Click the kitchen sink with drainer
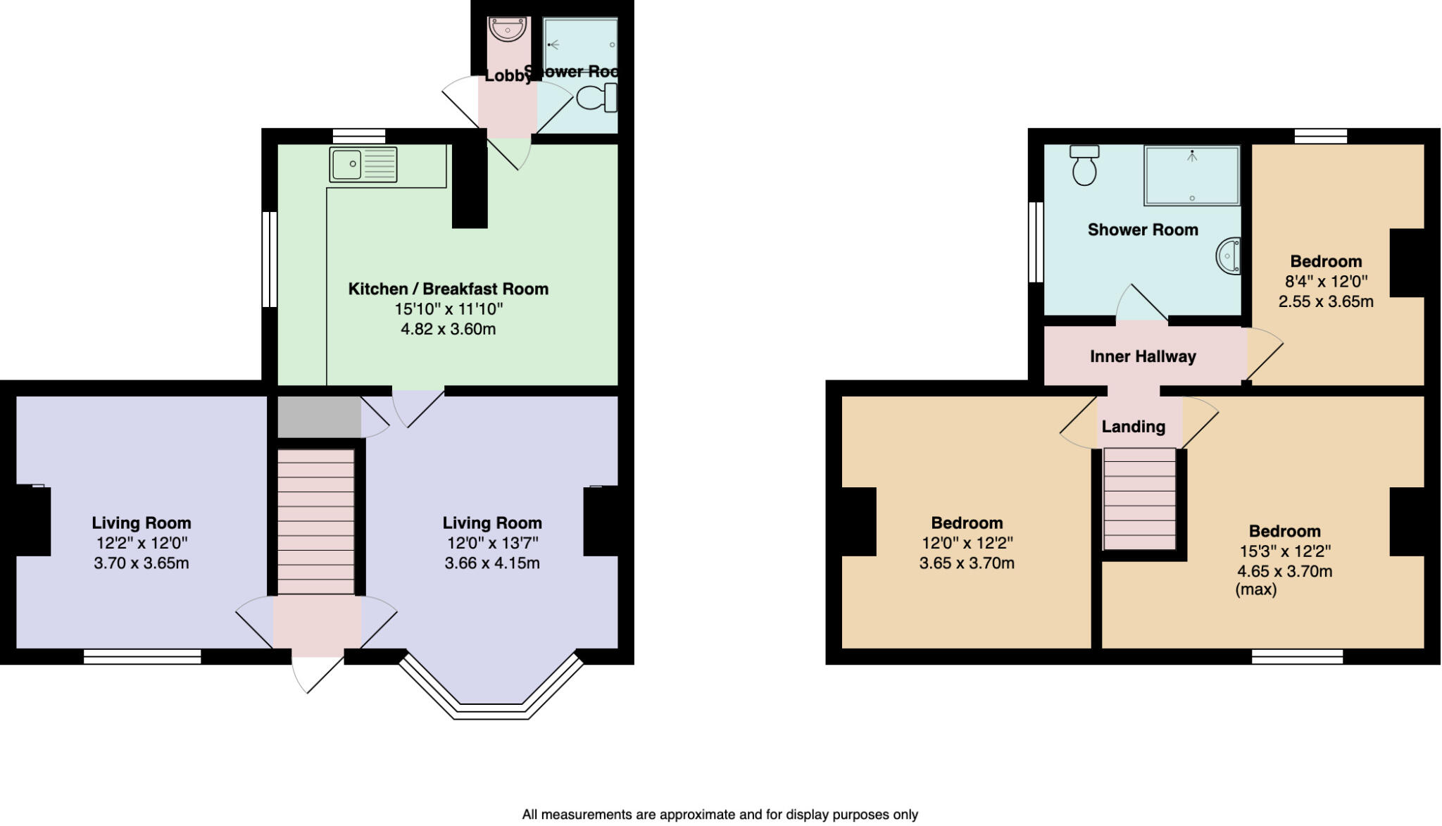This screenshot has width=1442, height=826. pos(363,164)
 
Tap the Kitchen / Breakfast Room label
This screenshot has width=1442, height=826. pos(448,289)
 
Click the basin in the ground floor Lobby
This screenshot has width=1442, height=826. pos(508,30)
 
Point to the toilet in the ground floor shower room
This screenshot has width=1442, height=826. pos(597,97)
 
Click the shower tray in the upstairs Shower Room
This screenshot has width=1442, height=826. pos(1191,175)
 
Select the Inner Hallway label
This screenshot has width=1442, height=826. pos(1142,356)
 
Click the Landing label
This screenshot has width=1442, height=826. pos(1133,427)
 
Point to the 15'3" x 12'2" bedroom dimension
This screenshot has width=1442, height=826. pos(1285,551)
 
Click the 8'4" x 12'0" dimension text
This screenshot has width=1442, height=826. pos(1326,282)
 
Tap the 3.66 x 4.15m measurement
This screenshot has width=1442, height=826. pos(492,563)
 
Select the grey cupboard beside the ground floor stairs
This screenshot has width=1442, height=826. pos(318,417)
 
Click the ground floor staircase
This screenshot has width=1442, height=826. pos(315,521)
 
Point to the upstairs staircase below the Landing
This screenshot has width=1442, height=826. pos(1139,499)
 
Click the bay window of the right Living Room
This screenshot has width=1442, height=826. pos(491,710)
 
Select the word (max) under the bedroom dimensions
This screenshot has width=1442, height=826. pos(1255,589)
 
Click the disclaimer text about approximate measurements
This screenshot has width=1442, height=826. pos(720,815)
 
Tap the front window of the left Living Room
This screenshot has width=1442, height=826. pos(142,657)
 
